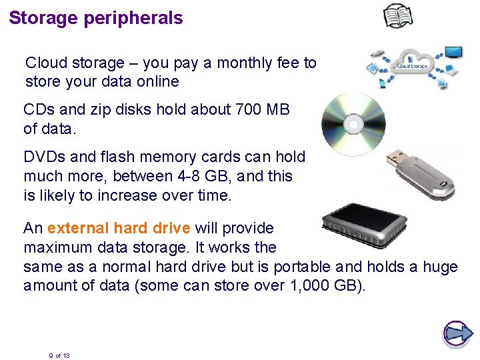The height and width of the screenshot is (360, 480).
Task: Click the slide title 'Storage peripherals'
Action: coord(96,18)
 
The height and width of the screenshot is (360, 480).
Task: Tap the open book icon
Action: coord(398,16)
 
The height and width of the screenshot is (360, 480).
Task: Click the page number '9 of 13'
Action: coord(59,355)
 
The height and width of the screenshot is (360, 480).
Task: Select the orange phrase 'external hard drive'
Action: coord(119,228)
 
